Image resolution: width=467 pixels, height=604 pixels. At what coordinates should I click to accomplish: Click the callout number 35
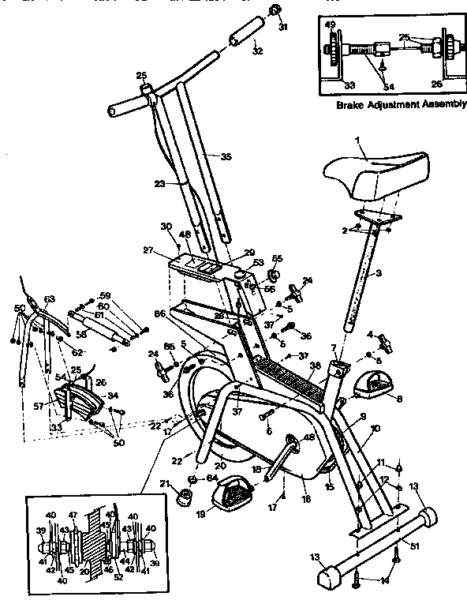point(226,157)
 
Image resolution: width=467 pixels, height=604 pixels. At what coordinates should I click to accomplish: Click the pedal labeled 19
point(230,497)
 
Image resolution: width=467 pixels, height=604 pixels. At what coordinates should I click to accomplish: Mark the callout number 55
point(277,258)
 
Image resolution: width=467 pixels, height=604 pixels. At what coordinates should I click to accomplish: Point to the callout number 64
point(212,477)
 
